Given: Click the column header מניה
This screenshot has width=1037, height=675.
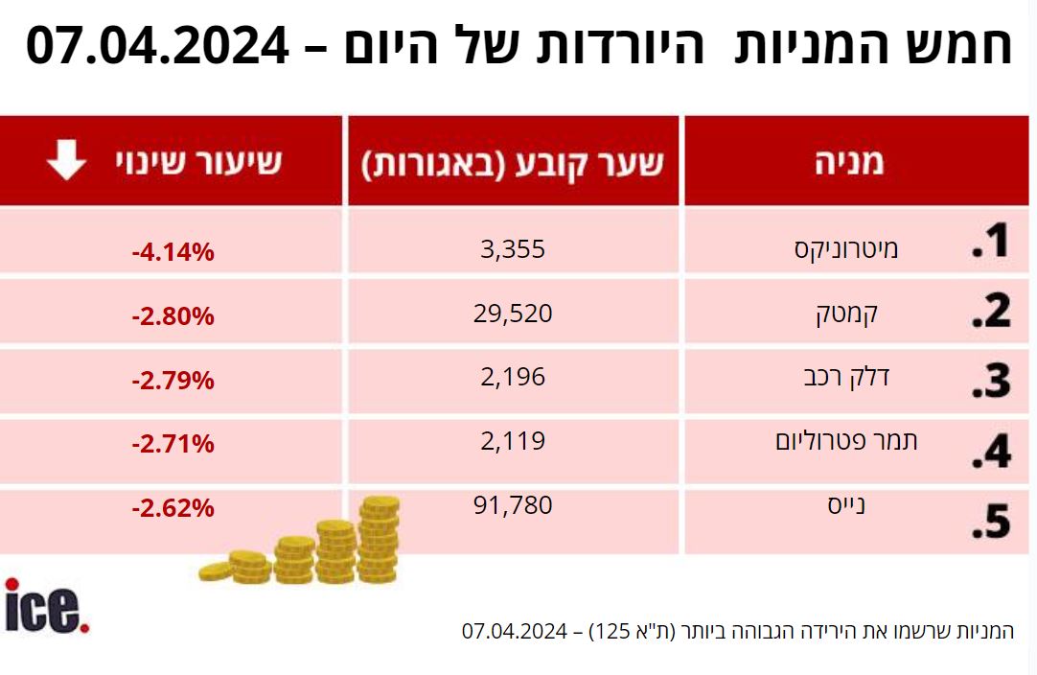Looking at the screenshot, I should coord(844,162).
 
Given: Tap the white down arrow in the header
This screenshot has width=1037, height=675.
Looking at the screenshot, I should coord(67,161).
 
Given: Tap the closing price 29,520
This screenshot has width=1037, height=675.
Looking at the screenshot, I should coord(513,313).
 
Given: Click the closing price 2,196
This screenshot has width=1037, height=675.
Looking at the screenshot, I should coord(513,377).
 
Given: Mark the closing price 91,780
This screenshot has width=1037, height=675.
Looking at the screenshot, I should coord(513,504).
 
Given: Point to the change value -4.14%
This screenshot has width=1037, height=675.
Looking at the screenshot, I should coord(173,253).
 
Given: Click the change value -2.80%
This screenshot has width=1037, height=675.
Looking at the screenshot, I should coord(173,316).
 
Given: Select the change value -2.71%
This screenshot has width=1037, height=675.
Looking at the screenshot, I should coord(173,444).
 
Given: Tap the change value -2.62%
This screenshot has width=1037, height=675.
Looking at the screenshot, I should coord(173,508).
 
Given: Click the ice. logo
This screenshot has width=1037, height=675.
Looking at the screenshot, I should coord(47,606).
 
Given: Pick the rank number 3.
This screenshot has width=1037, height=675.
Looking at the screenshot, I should coord(991,380).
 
